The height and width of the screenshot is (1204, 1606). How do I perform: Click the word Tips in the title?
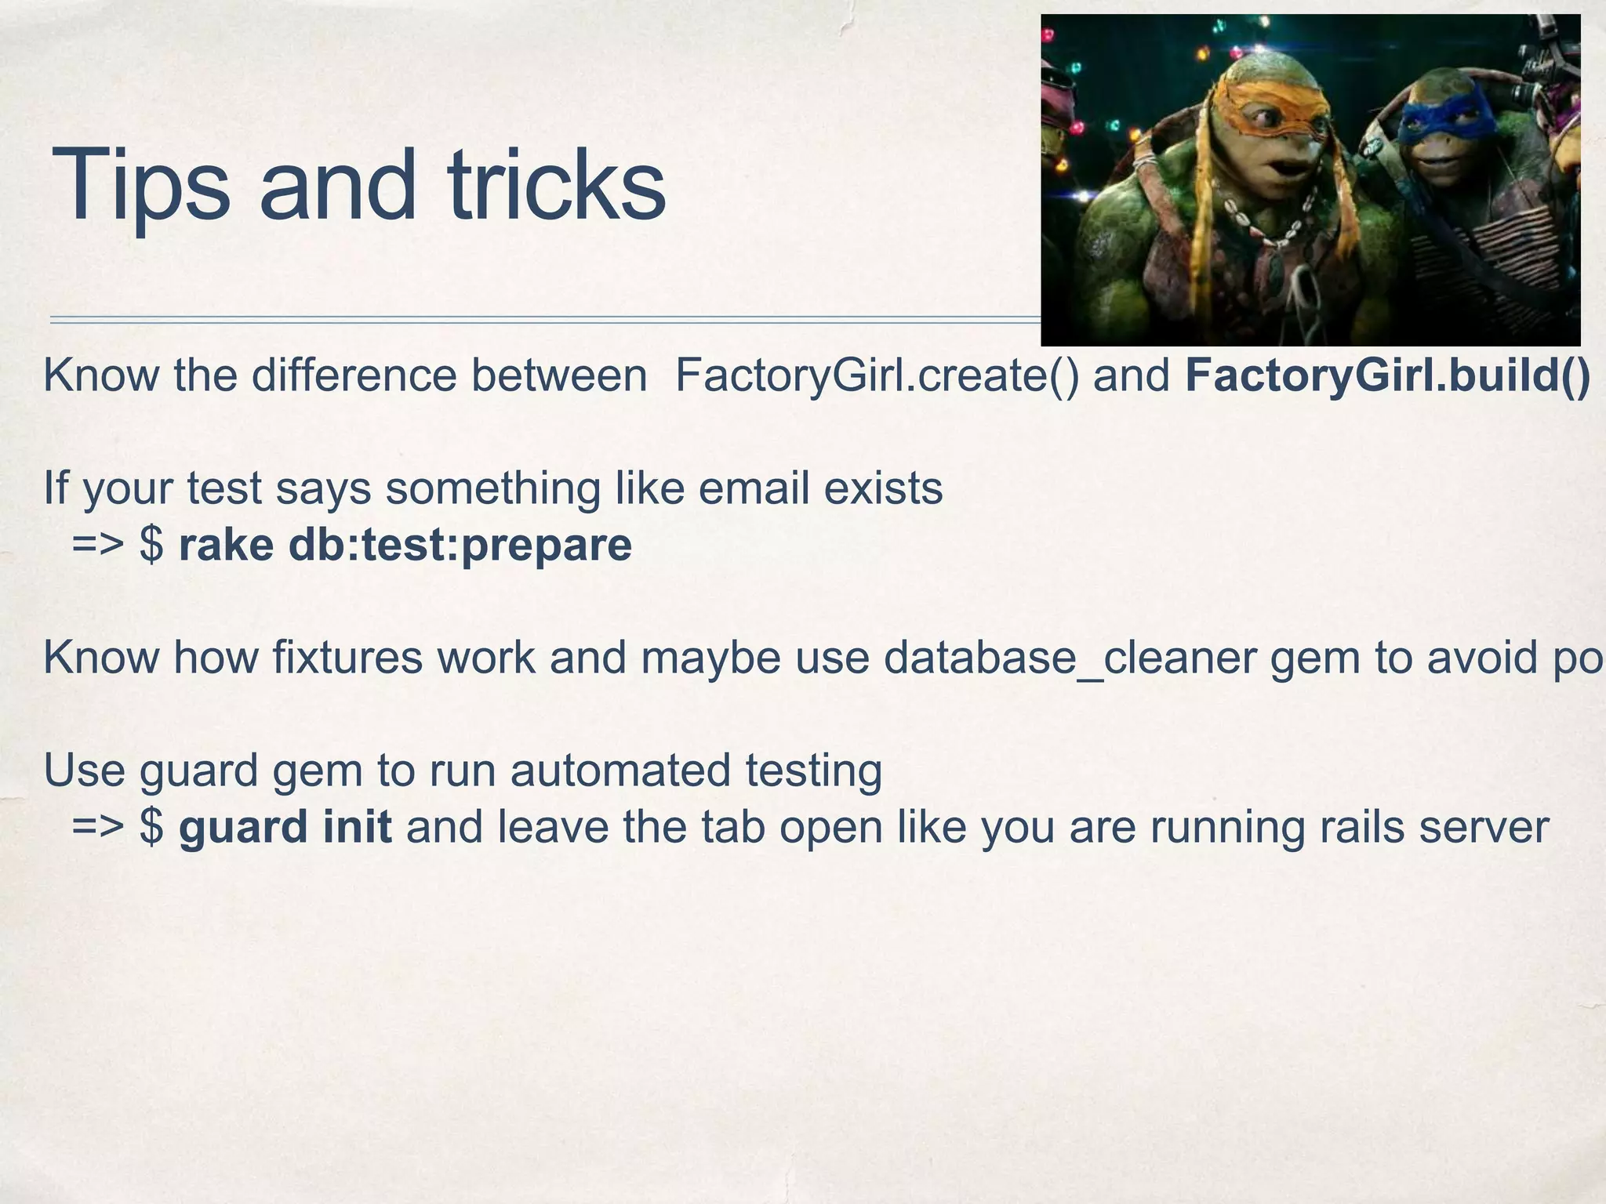(x=141, y=187)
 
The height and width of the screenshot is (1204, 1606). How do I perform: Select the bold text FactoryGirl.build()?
(x=1387, y=375)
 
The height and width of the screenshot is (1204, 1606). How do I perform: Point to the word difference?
(x=354, y=375)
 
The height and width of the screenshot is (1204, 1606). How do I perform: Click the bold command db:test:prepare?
(x=460, y=545)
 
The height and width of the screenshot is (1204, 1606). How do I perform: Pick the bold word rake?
(x=226, y=545)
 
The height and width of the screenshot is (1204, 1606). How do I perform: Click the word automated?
(x=620, y=770)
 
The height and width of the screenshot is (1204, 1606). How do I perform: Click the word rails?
(x=1363, y=827)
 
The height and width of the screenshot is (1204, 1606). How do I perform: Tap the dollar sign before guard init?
(x=151, y=827)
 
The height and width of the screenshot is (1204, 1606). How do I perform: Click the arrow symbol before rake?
(x=98, y=545)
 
